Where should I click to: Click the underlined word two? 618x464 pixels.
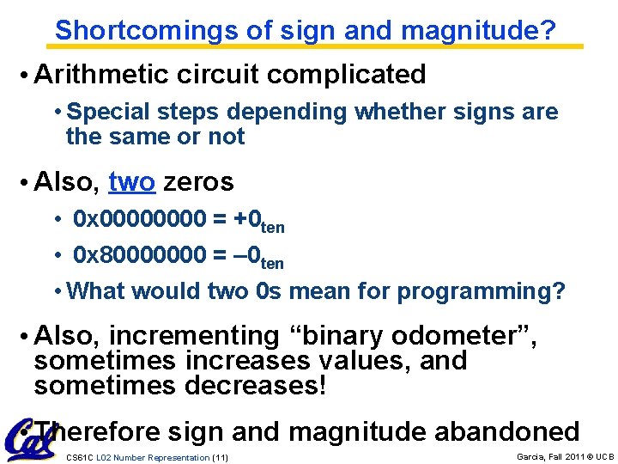pos(132,182)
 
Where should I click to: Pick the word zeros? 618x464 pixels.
pos(198,182)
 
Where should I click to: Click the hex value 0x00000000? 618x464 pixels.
pos(140,220)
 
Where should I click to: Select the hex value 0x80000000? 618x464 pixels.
pos(140,255)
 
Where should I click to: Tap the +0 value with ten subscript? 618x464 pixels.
pos(258,222)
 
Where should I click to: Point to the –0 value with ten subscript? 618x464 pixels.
pos(258,257)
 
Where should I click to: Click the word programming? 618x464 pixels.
pos(481,291)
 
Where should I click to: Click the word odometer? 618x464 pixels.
pos(468,335)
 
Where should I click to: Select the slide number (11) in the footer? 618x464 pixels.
pos(220,458)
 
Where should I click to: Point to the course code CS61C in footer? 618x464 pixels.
pos(79,458)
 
